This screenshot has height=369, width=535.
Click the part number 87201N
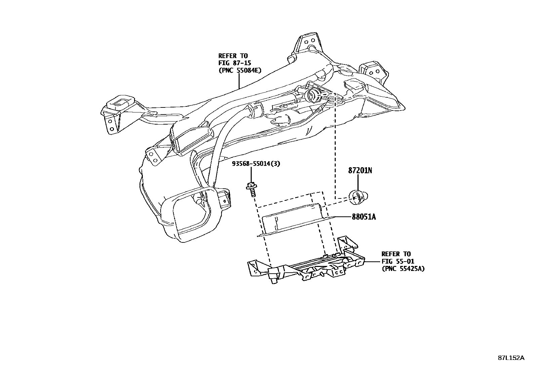coord(360,171)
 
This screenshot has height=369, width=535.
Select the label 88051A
coord(364,217)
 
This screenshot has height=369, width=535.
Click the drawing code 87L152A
coord(511,358)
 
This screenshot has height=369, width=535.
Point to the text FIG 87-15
coord(235,63)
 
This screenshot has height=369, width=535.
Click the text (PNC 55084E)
coord(240,70)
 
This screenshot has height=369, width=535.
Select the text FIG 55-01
coord(398,261)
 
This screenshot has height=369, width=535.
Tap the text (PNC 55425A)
coord(403,268)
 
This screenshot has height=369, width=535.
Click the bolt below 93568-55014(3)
coord(251,190)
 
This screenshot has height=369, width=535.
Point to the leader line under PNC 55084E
coord(239,81)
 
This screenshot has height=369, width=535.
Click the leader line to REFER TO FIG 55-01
coord(372,261)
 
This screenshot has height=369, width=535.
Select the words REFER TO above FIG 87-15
coord(233,56)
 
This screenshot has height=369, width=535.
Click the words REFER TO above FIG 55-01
coord(396,254)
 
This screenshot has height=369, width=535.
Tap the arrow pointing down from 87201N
coord(358,183)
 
